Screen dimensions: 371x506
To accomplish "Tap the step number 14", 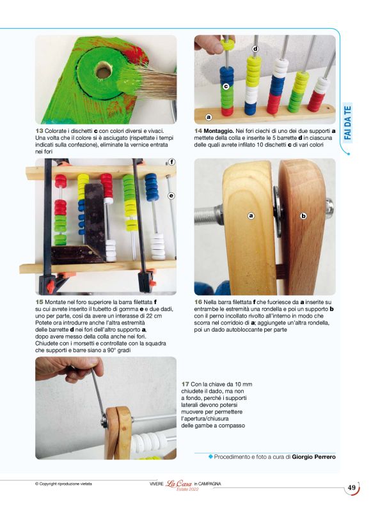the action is click(198, 130).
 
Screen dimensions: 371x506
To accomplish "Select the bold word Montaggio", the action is click(220, 130).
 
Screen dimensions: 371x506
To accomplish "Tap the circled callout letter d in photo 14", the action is click(255, 49).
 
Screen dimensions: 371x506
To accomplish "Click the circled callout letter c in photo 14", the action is click(226, 85).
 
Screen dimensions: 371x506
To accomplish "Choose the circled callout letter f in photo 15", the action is click(171, 162).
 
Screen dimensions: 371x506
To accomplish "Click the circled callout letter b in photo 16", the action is click(303, 216).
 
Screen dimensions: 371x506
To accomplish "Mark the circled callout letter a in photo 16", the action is click(251, 216).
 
